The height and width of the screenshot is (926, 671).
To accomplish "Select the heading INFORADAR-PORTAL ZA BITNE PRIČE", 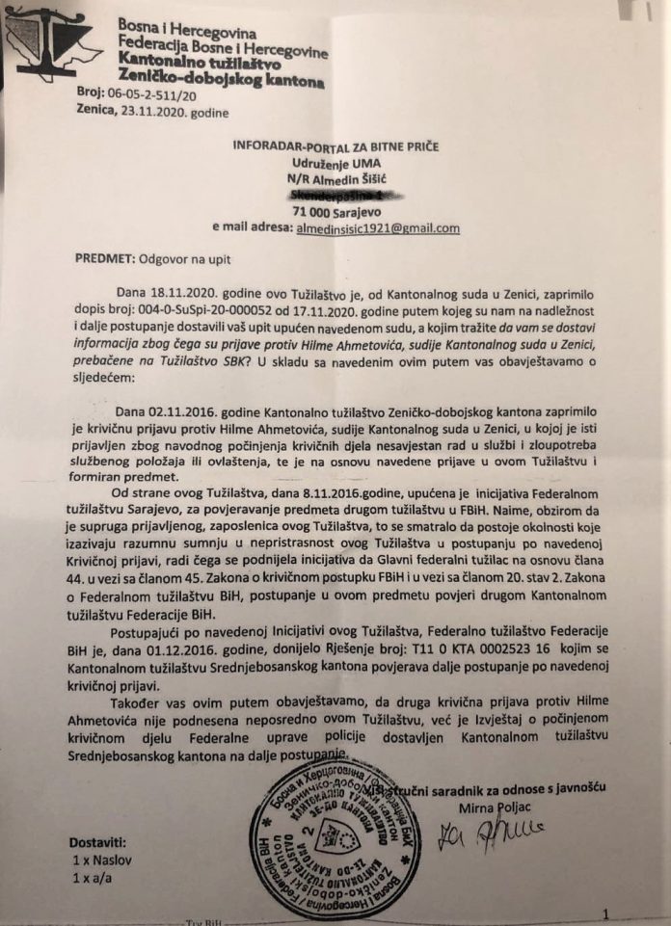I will [335, 146].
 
